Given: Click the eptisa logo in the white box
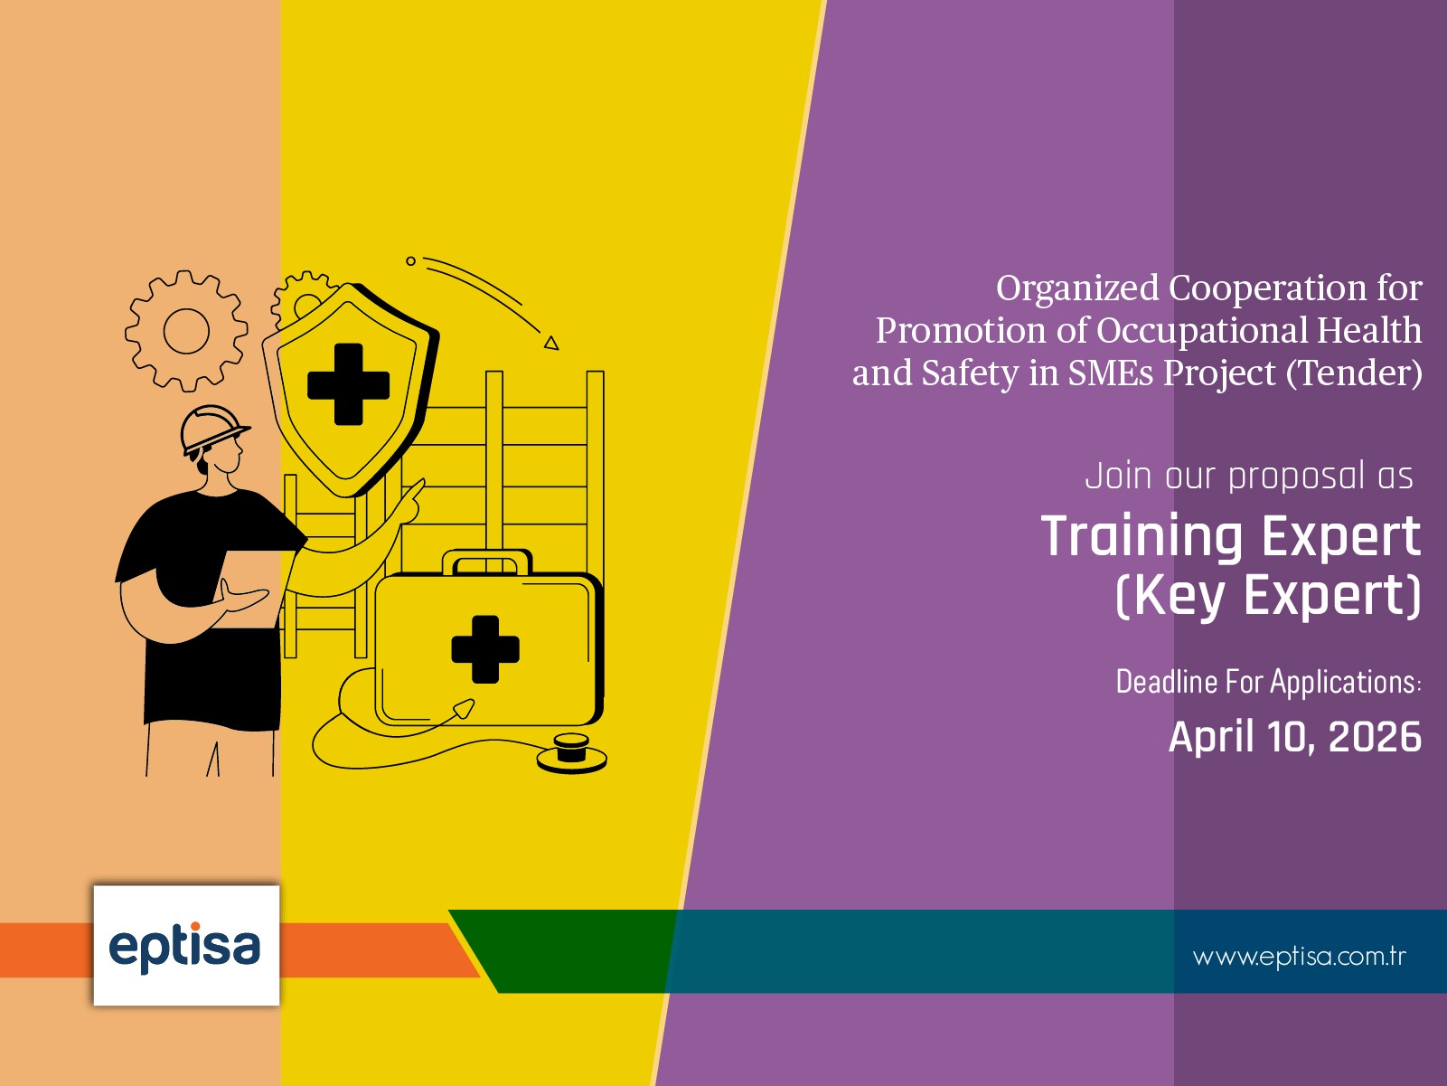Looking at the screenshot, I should (x=185, y=946).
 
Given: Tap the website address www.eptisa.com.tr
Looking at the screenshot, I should (x=1299, y=957).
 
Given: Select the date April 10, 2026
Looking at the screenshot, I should (x=1294, y=737).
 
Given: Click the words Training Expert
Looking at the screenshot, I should (x=1230, y=536).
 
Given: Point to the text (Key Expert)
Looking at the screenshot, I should (x=1267, y=595).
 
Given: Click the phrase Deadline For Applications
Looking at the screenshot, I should (x=1267, y=682).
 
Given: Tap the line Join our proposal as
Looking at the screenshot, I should (x=1248, y=476).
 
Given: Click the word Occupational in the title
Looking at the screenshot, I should (x=1202, y=331).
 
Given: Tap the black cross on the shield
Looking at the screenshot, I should (x=348, y=384).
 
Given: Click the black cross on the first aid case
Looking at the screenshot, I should (x=485, y=648).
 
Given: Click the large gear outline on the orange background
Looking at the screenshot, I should (x=186, y=330).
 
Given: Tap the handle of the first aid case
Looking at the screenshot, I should (x=486, y=561).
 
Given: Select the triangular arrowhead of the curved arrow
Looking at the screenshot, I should (x=551, y=343).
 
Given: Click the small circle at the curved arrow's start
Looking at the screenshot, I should (x=410, y=261).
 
